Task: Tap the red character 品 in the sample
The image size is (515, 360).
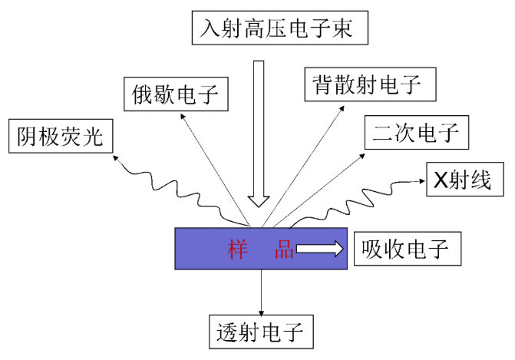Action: click(285, 249)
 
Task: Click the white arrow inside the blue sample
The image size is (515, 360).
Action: click(319, 249)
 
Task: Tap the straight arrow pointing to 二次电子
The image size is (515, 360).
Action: click(322, 184)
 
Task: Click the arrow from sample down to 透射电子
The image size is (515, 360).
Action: click(262, 292)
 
